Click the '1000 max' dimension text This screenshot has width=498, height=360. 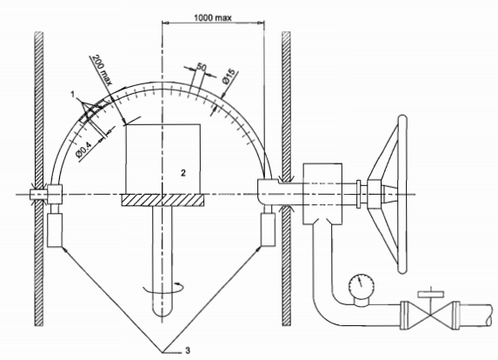213,17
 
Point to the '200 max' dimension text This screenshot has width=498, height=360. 103,70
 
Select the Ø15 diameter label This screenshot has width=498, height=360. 230,77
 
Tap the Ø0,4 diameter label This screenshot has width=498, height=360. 83,150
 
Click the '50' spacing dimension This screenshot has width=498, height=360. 202,67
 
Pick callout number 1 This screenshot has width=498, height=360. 73,95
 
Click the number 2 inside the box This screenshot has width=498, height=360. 183,173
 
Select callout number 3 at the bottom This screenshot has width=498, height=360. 188,350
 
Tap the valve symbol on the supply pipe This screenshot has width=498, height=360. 430,314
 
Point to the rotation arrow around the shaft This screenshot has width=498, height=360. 163,288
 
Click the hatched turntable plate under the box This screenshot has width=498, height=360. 163,200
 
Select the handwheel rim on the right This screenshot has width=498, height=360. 402,194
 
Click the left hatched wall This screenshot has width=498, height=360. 39,178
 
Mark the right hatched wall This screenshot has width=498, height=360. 286,178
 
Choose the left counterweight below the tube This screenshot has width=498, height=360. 54,230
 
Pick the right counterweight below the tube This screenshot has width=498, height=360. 268,230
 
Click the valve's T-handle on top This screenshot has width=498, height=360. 431,294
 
